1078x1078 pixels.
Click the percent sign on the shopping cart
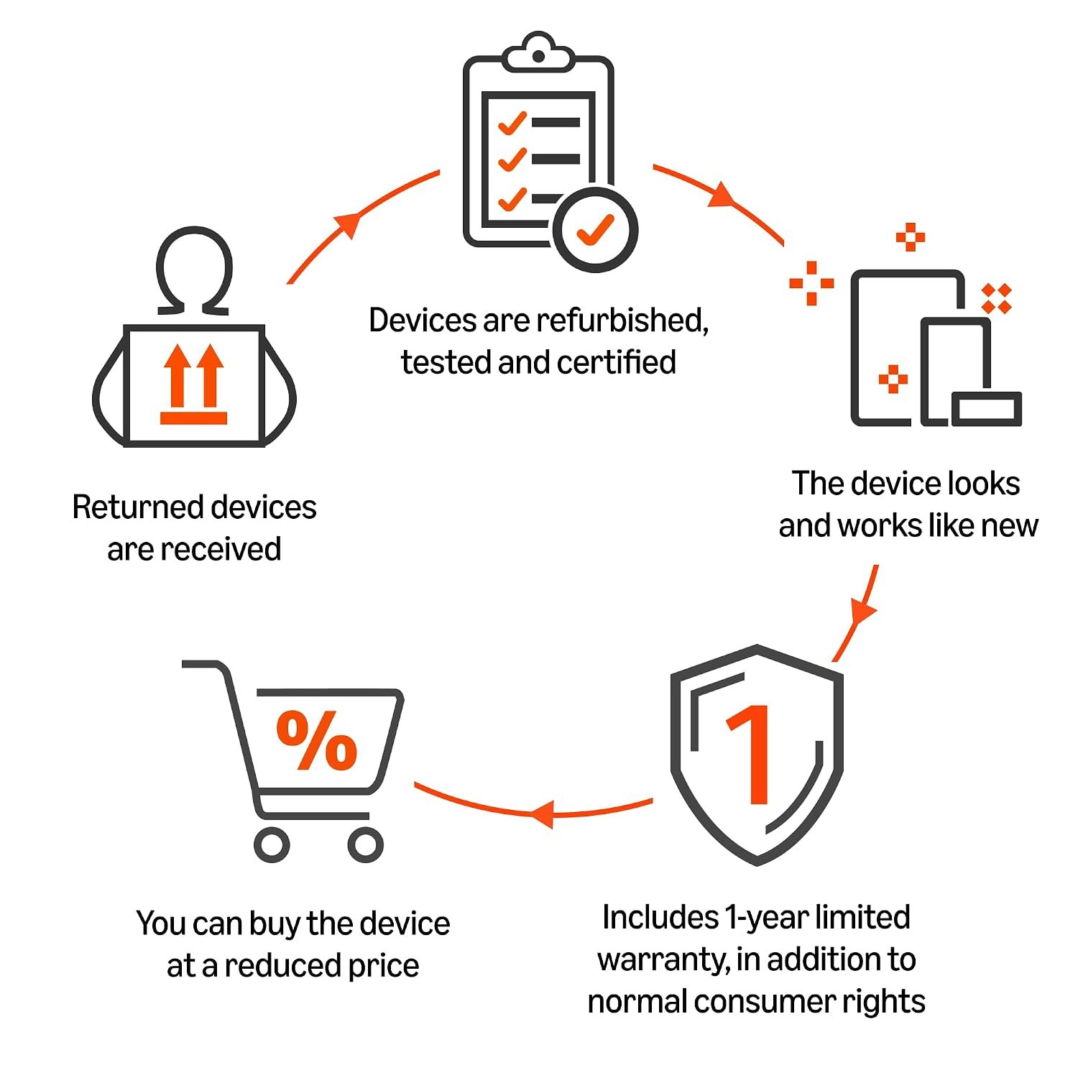point(317,740)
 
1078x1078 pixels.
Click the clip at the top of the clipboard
point(538,52)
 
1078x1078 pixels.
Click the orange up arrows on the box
point(194,384)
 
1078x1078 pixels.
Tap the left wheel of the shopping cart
point(272,844)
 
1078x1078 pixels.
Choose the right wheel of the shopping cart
point(366,844)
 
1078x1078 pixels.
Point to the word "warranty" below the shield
point(663,960)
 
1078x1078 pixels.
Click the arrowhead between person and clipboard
point(349,223)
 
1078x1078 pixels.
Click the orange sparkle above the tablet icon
point(910,237)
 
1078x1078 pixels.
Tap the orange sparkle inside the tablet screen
point(893,379)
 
